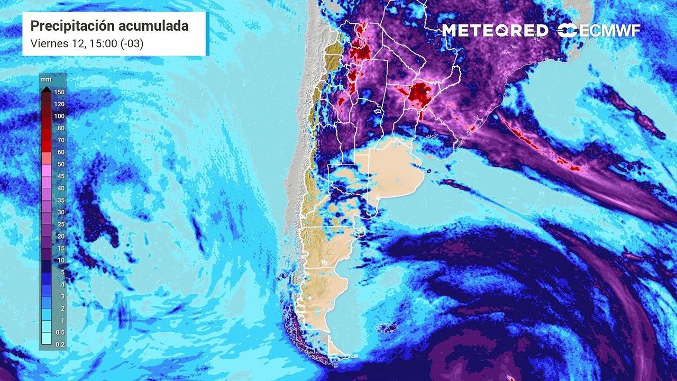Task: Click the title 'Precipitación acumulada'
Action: coord(109,25)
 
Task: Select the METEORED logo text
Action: coord(495,31)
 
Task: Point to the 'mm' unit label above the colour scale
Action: coord(44,79)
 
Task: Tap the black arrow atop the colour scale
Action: coord(46,88)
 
